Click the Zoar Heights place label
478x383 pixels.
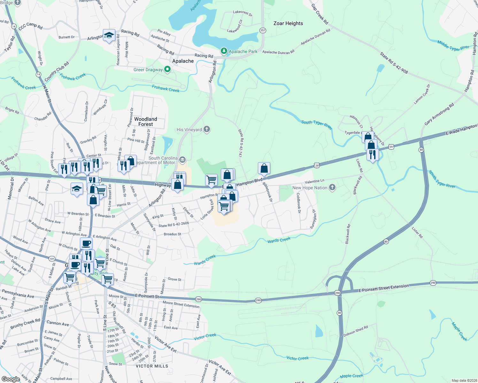click(x=288, y=23)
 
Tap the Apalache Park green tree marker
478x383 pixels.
click(x=224, y=51)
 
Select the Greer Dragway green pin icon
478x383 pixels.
click(x=167, y=70)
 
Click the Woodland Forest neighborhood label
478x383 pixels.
click(x=146, y=122)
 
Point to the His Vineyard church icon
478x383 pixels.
click(x=207, y=129)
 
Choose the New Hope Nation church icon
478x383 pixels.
click(x=332, y=187)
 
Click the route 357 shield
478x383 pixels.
click(x=263, y=30)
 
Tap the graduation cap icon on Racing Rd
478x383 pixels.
click(x=109, y=35)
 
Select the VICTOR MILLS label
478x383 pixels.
click(x=152, y=366)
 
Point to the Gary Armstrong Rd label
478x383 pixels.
click(x=439, y=114)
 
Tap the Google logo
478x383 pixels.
click(x=11, y=379)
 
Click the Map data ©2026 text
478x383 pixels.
click(x=463, y=380)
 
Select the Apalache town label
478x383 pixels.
click(x=183, y=61)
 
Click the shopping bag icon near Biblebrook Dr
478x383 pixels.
click(x=264, y=168)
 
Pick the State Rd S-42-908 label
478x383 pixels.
click(x=394, y=63)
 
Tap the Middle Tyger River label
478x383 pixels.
click(x=453, y=46)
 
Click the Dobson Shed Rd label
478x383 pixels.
click(x=356, y=331)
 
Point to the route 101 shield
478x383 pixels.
click(x=52, y=259)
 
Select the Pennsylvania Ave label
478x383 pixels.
click(x=18, y=293)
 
